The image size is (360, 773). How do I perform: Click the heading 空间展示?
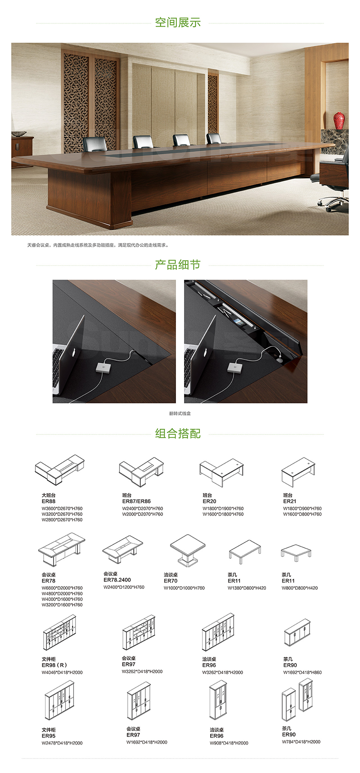coord(178,23)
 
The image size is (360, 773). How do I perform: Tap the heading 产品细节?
coord(178,265)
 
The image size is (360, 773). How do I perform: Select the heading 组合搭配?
coord(178,434)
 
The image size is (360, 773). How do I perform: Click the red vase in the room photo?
coord(339,120)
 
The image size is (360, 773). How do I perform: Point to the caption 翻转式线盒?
coord(180,413)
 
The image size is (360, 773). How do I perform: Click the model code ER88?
coord(49,501)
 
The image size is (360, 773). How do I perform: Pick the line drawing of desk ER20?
coord(221,472)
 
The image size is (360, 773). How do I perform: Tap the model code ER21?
coord(290,501)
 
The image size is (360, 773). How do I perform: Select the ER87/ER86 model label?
coord(136,501)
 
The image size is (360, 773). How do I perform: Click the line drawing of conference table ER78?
coord(62,550)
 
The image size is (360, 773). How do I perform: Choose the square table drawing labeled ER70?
coord(188,550)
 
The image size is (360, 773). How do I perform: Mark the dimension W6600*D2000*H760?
coord(62,588)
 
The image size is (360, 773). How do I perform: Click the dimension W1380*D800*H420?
coord(247,588)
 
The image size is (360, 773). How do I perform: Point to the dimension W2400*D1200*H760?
coord(124,587)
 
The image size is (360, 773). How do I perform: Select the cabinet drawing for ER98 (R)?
coord(59,633)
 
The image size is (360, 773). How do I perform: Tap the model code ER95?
coord(49,736)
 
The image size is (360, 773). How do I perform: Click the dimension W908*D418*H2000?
coord(229,743)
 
